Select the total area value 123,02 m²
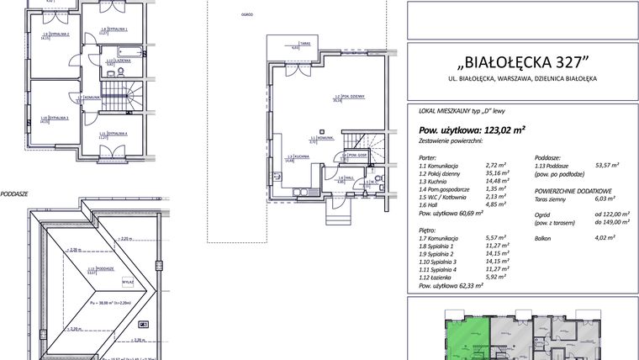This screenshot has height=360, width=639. point(503,130)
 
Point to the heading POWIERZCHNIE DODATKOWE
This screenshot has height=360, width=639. point(573,190)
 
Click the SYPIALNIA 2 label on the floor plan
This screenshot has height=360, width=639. point(56,34)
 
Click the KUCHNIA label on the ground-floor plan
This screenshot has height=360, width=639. point(293,157)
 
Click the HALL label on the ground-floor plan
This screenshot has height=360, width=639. point(342,178)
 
